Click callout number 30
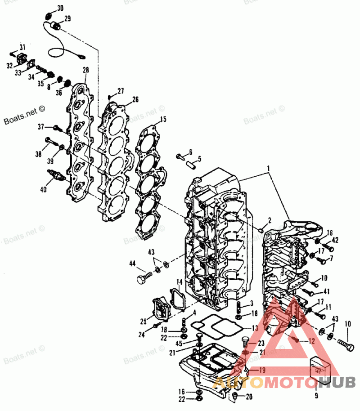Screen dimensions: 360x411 (x=60, y=8)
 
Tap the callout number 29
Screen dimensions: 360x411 (x=67, y=18)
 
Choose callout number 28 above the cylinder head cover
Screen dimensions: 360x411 (x=85, y=70)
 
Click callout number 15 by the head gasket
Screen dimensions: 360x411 (x=163, y=119)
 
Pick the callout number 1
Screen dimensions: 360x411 (x=269, y=169)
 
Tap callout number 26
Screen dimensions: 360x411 (x=135, y=99)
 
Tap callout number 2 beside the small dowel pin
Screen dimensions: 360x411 (x=269, y=220)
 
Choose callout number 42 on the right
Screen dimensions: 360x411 (x=335, y=240)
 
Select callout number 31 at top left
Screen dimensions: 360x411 (x=22, y=47)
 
